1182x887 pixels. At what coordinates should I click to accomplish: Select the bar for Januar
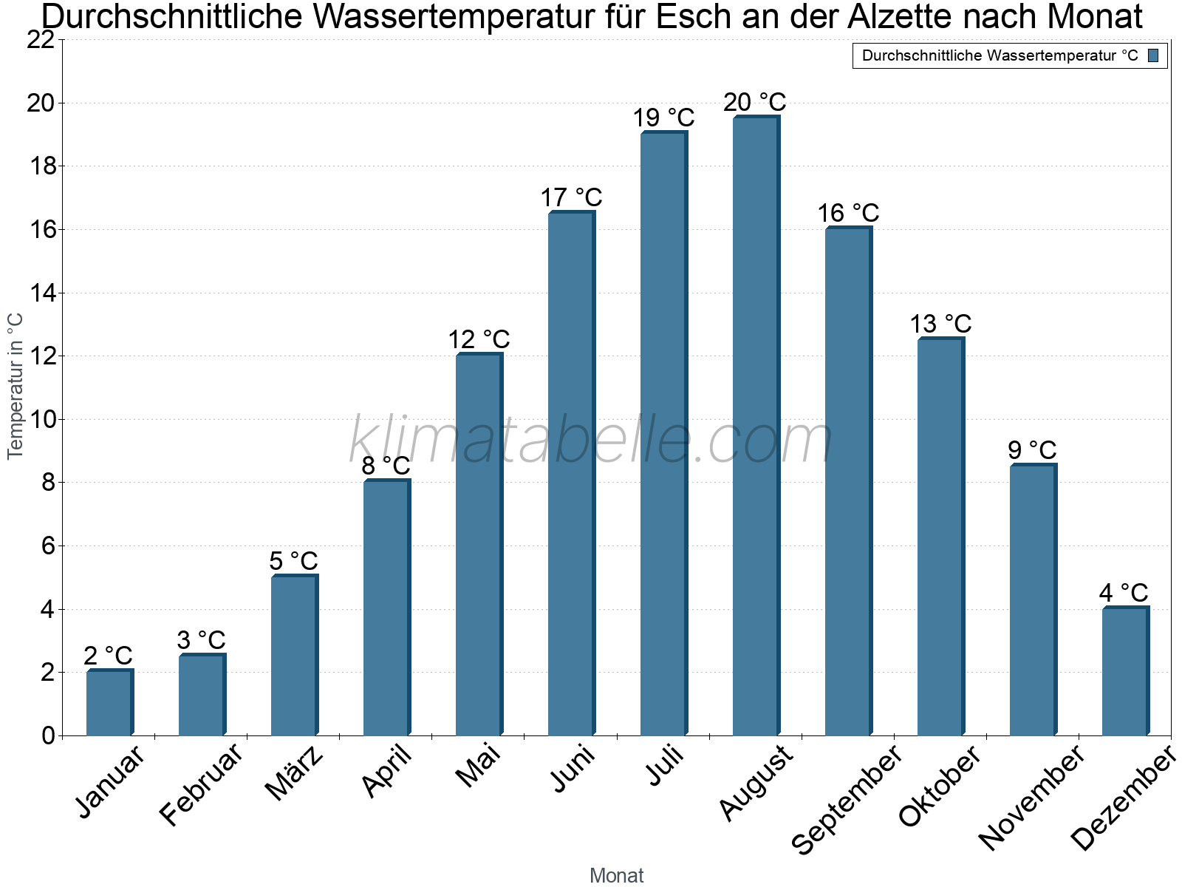(x=109, y=703)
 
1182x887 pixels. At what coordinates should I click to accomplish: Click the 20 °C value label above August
(x=754, y=102)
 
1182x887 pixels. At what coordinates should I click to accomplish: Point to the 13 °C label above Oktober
(x=940, y=324)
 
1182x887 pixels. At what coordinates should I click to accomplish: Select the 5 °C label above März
(x=293, y=561)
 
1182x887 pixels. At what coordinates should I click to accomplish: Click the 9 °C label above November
(x=1032, y=450)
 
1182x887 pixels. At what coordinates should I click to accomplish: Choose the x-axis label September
(x=847, y=798)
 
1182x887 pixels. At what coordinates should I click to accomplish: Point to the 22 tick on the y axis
(x=41, y=40)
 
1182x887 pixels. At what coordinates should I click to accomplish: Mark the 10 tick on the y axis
(x=41, y=420)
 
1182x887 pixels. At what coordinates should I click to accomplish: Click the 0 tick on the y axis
(x=49, y=735)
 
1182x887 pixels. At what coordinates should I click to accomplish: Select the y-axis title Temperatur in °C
(x=16, y=386)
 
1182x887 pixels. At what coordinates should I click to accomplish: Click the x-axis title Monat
(x=616, y=875)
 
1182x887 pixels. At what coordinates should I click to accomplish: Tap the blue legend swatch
(x=1153, y=55)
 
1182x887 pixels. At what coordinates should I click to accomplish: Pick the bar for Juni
(x=571, y=474)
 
